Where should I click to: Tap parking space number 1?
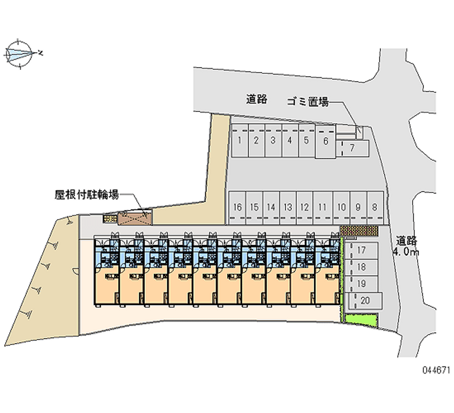(241, 140)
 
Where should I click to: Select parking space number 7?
(352, 148)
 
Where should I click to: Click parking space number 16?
(238, 207)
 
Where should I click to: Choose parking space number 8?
(375, 207)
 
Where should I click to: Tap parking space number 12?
(305, 207)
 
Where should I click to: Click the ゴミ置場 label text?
(308, 102)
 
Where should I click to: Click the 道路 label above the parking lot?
(257, 99)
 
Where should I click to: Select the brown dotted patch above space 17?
(359, 231)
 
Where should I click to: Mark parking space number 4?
(289, 140)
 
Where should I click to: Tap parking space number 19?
(361, 283)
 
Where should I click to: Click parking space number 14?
(271, 207)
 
